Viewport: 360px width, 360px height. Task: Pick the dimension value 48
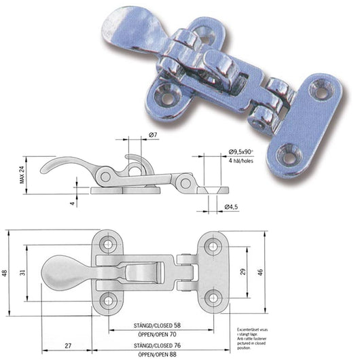tap(5, 274)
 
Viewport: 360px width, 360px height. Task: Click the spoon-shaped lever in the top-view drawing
tap(60, 274)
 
